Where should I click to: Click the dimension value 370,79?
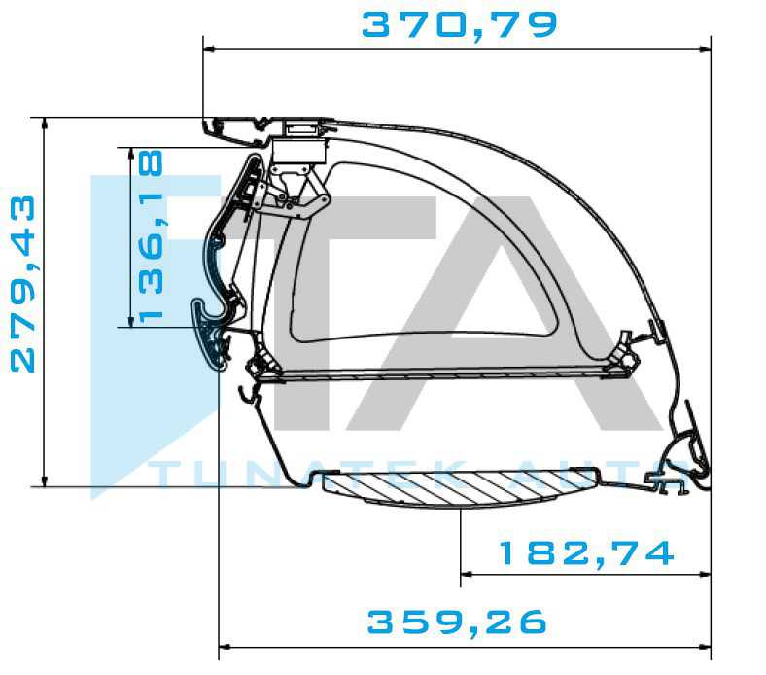point(459,25)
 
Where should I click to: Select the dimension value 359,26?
point(457,622)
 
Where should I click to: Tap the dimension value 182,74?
point(586,552)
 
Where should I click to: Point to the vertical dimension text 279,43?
point(23,284)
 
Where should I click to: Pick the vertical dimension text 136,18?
point(151,236)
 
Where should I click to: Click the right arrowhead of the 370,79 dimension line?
point(705,49)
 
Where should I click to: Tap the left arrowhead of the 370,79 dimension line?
point(209,49)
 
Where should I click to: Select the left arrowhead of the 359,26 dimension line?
point(225,647)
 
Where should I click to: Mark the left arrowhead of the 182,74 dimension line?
point(467,574)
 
